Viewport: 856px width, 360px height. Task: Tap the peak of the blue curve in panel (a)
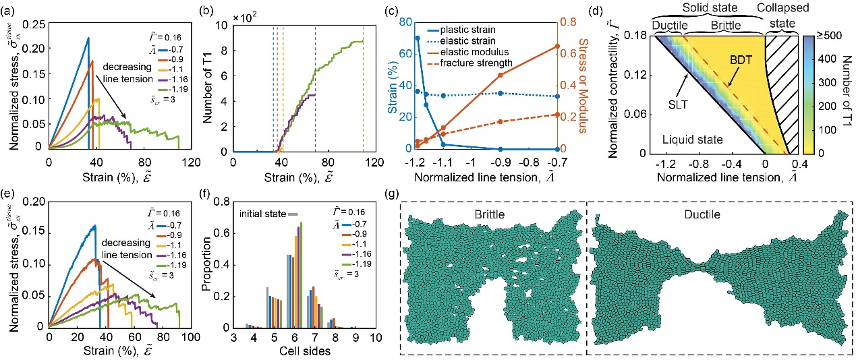pyautogui.click(x=88, y=38)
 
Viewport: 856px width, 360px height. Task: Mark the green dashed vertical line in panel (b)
pyautogui.click(x=363, y=88)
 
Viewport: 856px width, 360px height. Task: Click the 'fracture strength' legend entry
pyautogui.click(x=481, y=63)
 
